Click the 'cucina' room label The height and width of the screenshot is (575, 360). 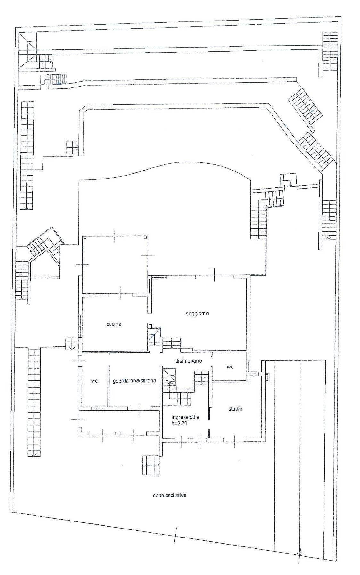[x=114, y=324]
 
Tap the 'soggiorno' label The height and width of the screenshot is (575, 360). [x=197, y=313]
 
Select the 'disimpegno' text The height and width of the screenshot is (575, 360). [x=188, y=361]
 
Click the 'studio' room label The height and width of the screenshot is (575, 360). [x=235, y=409]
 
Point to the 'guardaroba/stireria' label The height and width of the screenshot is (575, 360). [x=135, y=381]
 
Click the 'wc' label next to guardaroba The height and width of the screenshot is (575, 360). [x=94, y=381]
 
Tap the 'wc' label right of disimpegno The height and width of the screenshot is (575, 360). [x=230, y=367]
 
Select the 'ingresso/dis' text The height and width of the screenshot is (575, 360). [x=185, y=417]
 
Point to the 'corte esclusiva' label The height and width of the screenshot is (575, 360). [x=170, y=495]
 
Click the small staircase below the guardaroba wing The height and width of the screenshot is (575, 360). [x=151, y=465]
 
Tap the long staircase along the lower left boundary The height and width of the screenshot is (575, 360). [x=34, y=402]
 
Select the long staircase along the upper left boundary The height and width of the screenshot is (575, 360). [x=27, y=155]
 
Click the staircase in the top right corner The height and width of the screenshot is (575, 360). [x=330, y=51]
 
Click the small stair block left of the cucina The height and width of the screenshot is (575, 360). [x=71, y=344]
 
